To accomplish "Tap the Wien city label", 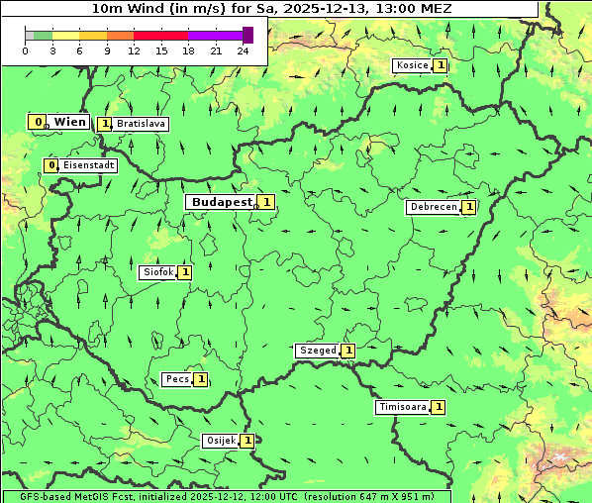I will [x=69, y=122].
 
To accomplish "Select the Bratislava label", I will [x=140, y=125].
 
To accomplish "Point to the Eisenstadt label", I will [x=89, y=165].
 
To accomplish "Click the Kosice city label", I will [x=412, y=65].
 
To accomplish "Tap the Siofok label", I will [x=158, y=272].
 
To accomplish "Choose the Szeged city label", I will [x=317, y=351].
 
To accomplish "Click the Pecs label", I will [x=177, y=379].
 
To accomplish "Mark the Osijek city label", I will [x=220, y=441].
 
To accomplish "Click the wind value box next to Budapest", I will [x=266, y=202].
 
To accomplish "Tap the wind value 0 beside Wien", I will [x=38, y=122].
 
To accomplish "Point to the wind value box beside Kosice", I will [x=440, y=65].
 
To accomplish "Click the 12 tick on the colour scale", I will [x=134, y=50].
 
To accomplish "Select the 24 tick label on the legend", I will [x=243, y=50].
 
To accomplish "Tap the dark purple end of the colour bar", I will [x=247, y=35].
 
